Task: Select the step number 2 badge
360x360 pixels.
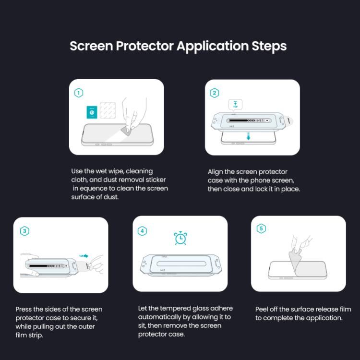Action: pos(215,93)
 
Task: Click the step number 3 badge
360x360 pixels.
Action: pos(24,231)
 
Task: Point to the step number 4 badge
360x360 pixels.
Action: pos(142,231)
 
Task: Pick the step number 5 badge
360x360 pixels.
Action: pos(261,229)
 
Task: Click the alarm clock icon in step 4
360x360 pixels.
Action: pos(180,238)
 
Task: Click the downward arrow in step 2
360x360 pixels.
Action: pos(249,136)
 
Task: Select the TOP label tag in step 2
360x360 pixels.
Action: pos(236,105)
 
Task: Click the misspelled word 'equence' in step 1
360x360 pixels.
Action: pos(97,189)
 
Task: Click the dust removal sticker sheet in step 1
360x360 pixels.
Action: pos(108,111)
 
